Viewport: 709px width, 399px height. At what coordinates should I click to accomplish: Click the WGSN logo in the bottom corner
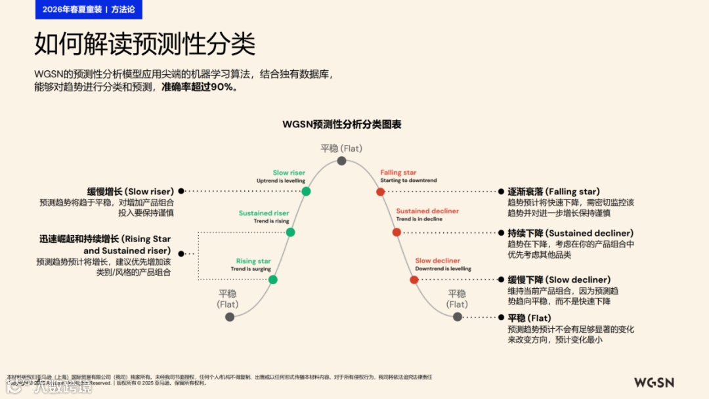click(x=653, y=383)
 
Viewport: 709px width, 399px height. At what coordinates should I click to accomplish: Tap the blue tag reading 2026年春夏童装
click(x=71, y=9)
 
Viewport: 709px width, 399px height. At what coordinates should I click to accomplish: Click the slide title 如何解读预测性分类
click(x=144, y=45)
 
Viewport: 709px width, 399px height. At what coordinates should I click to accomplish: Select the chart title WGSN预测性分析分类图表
click(x=342, y=124)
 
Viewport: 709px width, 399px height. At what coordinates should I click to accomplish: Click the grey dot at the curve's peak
click(x=341, y=161)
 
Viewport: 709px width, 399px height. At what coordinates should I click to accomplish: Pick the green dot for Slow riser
click(x=306, y=192)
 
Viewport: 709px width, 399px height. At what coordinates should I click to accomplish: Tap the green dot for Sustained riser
click(x=291, y=232)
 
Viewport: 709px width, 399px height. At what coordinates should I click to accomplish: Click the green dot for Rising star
click(x=273, y=280)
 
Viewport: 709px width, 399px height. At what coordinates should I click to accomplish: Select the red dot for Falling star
click(x=380, y=192)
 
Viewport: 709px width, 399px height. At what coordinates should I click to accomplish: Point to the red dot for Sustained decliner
click(x=397, y=232)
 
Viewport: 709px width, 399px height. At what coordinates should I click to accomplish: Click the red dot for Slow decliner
click(x=414, y=280)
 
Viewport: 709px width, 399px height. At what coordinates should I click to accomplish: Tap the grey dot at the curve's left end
click(x=230, y=317)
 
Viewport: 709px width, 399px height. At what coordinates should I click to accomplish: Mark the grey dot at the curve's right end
click(x=457, y=317)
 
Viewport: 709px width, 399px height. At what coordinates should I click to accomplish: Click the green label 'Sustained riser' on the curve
click(x=264, y=213)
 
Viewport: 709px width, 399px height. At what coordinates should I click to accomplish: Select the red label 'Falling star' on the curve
click(x=398, y=173)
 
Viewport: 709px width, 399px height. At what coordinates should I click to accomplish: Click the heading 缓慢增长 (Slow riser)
click(x=130, y=192)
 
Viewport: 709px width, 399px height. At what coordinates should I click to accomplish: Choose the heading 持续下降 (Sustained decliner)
click(x=570, y=233)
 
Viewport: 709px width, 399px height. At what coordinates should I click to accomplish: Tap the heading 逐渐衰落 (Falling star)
click(x=553, y=192)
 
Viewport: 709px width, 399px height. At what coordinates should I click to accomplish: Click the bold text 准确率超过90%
click(x=200, y=87)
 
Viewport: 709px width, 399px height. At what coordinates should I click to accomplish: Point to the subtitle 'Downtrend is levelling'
click(x=443, y=269)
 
